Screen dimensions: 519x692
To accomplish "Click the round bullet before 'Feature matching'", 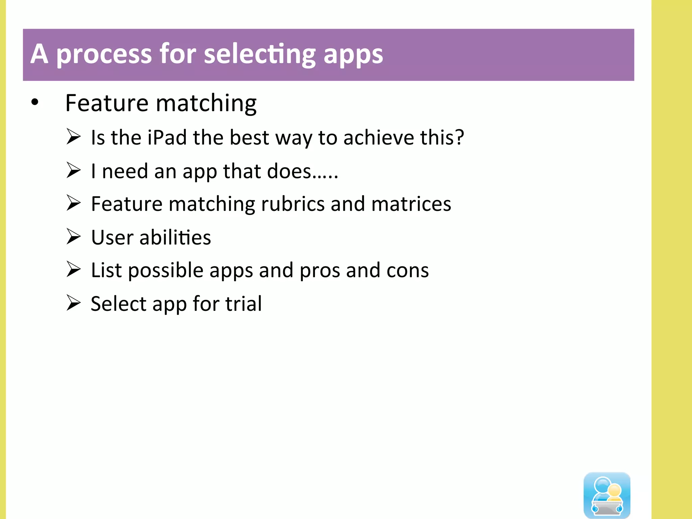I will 35,102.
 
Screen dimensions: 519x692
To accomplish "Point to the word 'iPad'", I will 167,138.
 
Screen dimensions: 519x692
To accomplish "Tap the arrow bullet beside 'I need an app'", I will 73,170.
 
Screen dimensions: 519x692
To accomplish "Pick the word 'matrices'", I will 411,204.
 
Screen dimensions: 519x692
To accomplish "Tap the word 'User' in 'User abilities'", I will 112,238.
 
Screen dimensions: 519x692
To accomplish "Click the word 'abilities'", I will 175,238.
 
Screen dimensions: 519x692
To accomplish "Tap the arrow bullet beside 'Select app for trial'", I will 73,303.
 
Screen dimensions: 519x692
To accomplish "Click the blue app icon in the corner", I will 607,495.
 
